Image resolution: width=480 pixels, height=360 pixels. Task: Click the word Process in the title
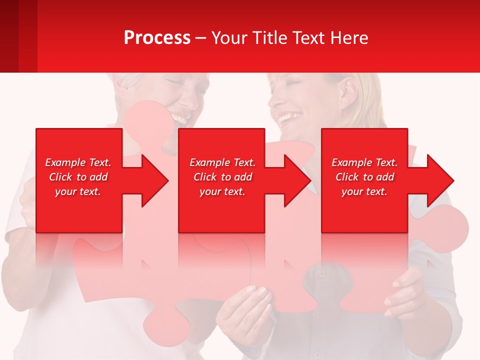[157, 38]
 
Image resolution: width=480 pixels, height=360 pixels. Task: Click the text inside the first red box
[78, 177]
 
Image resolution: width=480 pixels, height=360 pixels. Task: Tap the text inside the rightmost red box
[364, 177]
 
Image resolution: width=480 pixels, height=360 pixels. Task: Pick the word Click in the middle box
[204, 177]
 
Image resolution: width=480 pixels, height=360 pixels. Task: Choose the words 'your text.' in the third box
[364, 191]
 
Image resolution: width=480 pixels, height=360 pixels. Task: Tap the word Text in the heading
[307, 38]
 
